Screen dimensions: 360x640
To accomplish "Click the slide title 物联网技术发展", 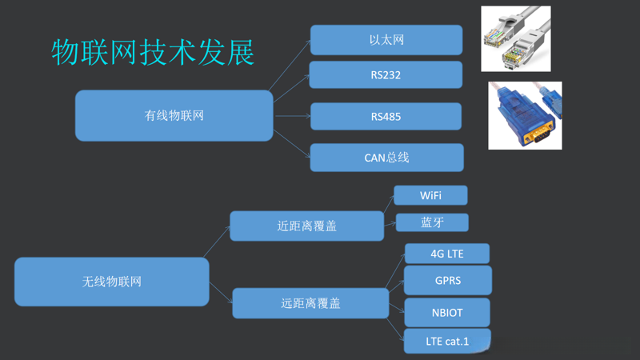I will (x=153, y=51).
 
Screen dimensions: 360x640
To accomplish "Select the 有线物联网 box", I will (x=174, y=115).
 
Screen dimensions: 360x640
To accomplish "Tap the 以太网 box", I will (x=386, y=40).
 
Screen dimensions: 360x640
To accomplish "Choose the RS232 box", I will (x=386, y=75).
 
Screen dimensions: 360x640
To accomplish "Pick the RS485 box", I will (x=386, y=117).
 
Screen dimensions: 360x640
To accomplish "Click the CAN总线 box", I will (x=386, y=158).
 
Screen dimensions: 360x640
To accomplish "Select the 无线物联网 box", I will (x=112, y=282).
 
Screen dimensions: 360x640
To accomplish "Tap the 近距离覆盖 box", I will (x=306, y=226).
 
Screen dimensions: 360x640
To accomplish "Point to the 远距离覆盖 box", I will (x=310, y=304).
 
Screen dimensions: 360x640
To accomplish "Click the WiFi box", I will (x=430, y=196).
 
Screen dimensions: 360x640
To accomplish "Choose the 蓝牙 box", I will (x=432, y=222).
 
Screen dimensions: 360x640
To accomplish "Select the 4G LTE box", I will (x=446, y=254).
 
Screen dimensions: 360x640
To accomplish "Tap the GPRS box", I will (x=447, y=281).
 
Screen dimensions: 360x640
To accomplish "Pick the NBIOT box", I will (x=447, y=312).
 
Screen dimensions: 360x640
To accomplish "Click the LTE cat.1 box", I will (x=447, y=342).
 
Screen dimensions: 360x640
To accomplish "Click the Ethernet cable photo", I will (x=515, y=38).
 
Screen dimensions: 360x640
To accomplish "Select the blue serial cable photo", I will (x=525, y=115).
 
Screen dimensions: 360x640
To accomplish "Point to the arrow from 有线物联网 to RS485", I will (x=292, y=116).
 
